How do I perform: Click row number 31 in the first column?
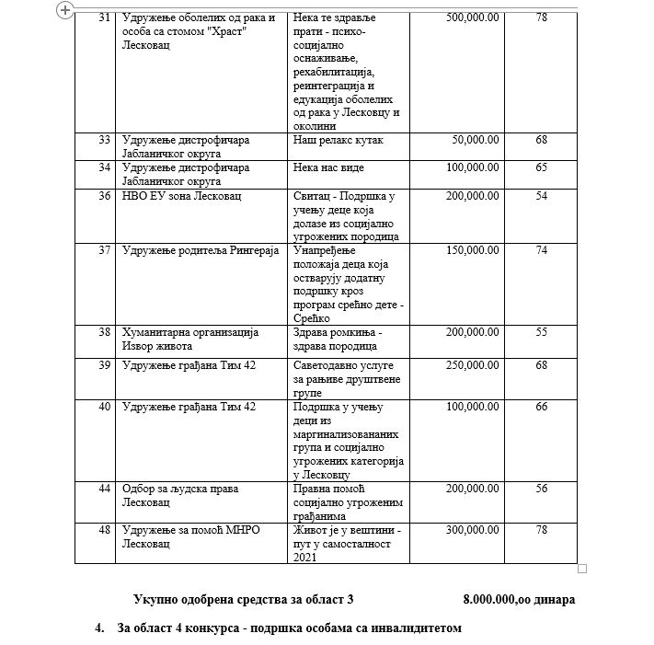point(104,18)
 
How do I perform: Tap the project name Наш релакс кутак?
point(338,140)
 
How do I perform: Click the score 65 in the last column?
point(541,167)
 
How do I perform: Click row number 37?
point(104,250)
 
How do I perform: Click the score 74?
point(541,250)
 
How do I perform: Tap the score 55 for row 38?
point(541,332)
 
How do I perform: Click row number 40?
point(104,406)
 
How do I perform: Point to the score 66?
point(541,406)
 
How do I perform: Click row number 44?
point(104,489)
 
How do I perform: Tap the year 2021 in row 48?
point(306,557)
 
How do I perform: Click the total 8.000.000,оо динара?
point(519,599)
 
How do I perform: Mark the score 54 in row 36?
point(541,196)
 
